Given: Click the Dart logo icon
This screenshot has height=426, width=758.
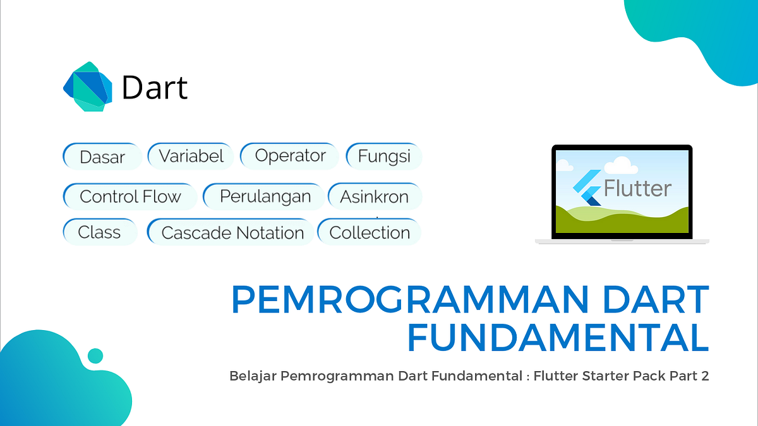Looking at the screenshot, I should (88, 87).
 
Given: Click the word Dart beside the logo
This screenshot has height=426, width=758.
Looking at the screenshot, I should (154, 88).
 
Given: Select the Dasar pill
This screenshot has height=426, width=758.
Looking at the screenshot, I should (102, 157).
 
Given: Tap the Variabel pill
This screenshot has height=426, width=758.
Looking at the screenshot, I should (191, 156).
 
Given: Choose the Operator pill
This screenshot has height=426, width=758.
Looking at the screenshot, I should (290, 156).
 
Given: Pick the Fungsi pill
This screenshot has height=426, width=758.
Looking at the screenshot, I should (384, 156).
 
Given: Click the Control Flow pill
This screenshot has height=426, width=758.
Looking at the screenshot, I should (130, 196).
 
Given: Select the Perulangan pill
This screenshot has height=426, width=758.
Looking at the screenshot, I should (265, 196).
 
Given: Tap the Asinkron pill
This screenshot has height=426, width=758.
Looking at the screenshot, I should (374, 196).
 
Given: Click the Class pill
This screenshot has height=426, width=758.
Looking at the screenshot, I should (100, 232).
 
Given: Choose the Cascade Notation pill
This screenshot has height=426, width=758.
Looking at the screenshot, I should (231, 233).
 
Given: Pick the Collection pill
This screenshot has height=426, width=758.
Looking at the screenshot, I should (369, 232).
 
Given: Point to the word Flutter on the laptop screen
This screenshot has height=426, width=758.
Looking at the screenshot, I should (637, 188).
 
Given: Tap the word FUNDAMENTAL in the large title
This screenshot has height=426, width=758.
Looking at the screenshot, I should (557, 338).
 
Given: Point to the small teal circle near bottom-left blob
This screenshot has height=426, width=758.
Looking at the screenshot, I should (95, 355).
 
